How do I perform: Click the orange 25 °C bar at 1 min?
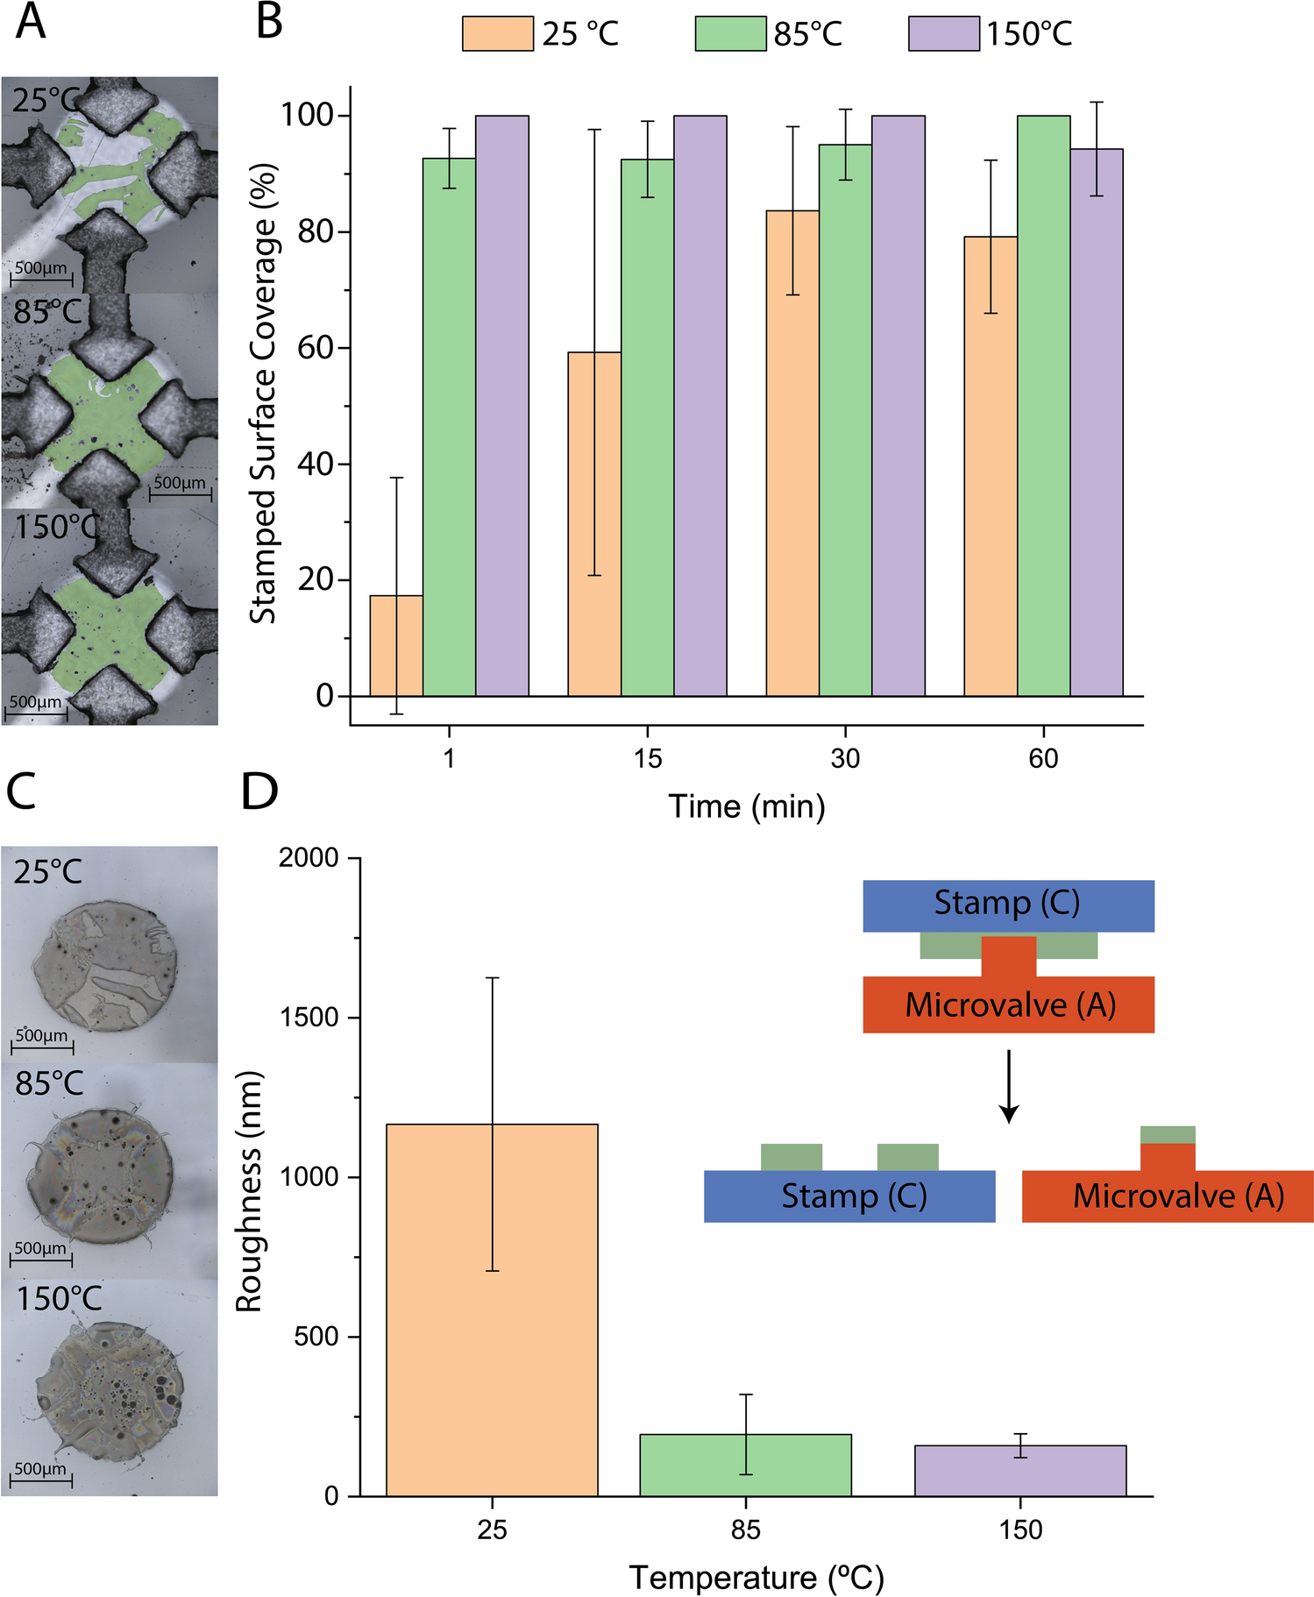click(396, 646)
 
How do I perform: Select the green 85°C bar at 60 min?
click(1043, 405)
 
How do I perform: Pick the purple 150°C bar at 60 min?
click(1096, 422)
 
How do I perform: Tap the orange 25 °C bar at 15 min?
click(594, 523)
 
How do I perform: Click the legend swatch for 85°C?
click(729, 34)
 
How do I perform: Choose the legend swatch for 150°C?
click(943, 34)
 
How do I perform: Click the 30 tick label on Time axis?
click(845, 758)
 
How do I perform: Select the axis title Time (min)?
click(747, 806)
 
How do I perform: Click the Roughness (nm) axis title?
click(249, 1191)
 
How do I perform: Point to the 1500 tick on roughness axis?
click(309, 1018)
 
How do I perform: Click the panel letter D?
click(259, 791)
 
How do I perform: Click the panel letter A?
click(31, 22)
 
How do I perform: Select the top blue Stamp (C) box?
click(1008, 905)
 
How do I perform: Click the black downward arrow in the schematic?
click(1009, 1087)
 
